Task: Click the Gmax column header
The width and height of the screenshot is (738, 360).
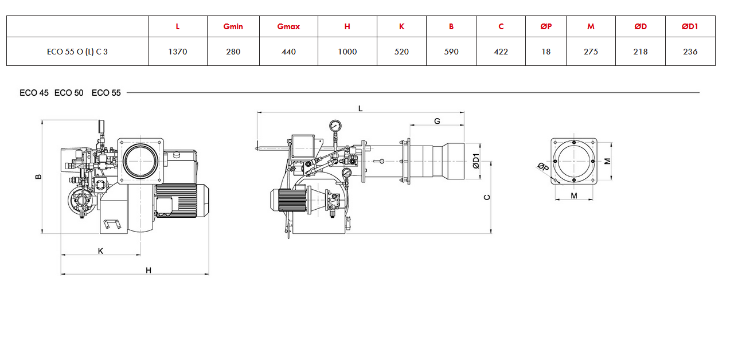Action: [288, 27]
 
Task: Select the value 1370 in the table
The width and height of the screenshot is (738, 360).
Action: [178, 52]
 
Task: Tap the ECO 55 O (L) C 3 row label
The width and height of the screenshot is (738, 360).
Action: [77, 52]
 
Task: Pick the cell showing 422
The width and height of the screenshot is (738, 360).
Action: [501, 52]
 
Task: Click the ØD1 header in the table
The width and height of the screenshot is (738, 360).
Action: [690, 27]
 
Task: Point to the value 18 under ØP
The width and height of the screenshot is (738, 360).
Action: [546, 52]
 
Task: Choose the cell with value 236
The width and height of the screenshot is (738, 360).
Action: [690, 52]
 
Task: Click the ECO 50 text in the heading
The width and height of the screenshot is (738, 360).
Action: [69, 93]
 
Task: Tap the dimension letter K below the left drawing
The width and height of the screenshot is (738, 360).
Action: [100, 251]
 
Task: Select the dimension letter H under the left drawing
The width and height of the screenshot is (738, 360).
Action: [149, 271]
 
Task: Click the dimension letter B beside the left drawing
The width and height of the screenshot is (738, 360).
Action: [38, 177]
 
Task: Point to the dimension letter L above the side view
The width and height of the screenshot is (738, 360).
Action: [361, 108]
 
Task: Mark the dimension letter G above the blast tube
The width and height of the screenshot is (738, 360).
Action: [437, 121]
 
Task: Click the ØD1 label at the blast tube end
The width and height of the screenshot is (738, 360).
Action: [476, 161]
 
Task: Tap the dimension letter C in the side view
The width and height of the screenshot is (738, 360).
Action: [487, 197]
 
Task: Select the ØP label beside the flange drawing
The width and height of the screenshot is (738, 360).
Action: [543, 167]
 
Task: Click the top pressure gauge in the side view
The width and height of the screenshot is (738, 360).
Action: [335, 126]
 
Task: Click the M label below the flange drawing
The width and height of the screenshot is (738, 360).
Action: [574, 195]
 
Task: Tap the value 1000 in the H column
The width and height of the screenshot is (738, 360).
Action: [347, 52]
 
